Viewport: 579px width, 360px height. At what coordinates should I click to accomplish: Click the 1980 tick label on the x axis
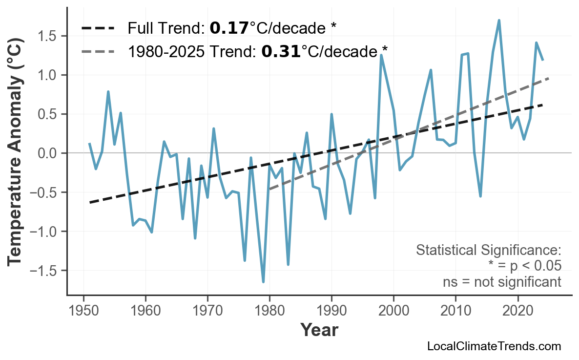[269, 311]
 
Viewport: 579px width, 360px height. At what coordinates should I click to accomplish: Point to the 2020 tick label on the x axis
[517, 311]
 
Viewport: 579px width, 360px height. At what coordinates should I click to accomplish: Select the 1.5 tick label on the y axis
[48, 36]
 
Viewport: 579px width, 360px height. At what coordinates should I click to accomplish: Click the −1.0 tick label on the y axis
[44, 232]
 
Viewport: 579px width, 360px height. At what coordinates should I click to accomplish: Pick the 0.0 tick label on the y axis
[48, 153]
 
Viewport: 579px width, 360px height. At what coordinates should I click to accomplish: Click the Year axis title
[319, 330]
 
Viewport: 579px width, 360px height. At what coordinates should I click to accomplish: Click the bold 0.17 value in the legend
[229, 28]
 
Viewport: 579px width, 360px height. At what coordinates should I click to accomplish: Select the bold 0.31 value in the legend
[281, 51]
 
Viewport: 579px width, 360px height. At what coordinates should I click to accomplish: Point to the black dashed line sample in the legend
[98, 28]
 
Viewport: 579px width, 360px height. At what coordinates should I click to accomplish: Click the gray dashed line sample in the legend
[98, 51]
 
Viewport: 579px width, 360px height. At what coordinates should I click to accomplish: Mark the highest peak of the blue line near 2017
[499, 21]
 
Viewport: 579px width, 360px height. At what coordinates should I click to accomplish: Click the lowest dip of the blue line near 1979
[263, 282]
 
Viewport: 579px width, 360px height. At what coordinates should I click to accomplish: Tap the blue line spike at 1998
[381, 55]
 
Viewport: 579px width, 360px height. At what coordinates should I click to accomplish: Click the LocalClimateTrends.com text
[494, 347]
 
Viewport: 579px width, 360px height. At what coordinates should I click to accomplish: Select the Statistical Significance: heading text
[488, 251]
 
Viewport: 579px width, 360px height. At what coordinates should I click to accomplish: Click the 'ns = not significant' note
[502, 282]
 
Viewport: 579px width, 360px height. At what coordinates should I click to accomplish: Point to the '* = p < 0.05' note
[524, 266]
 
